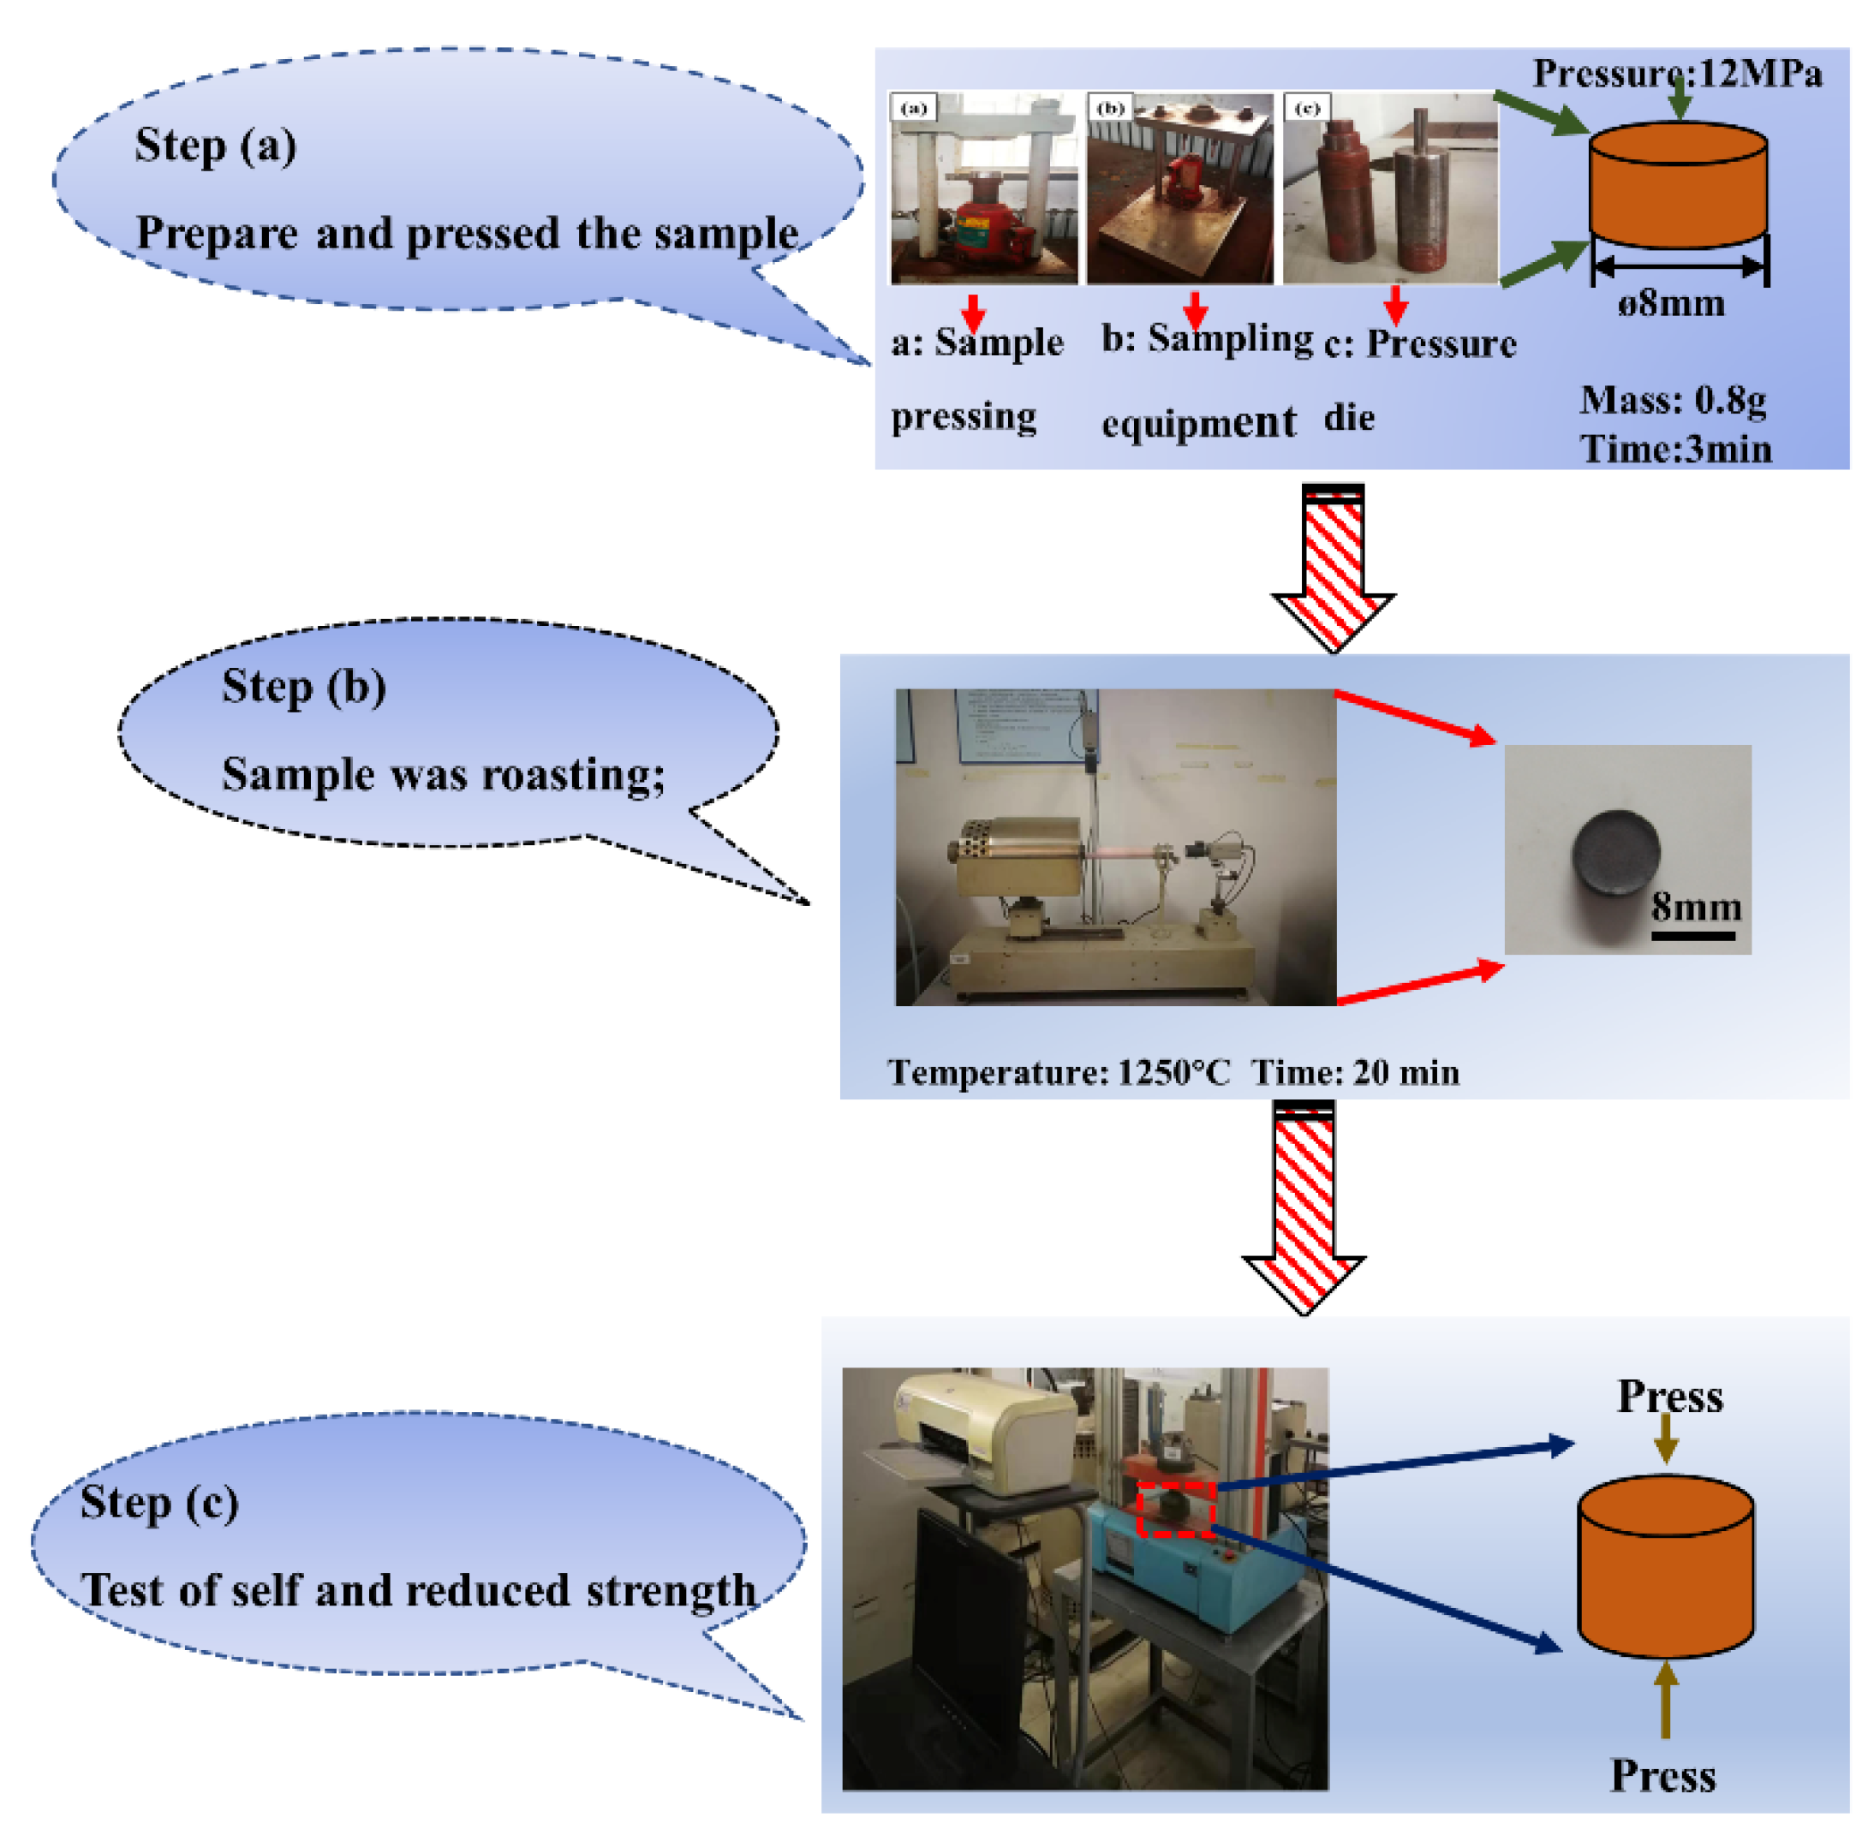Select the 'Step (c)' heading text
pyautogui.click(x=158, y=1503)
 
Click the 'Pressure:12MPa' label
pyautogui.click(x=1677, y=74)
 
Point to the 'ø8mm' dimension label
pyautogui.click(x=1672, y=304)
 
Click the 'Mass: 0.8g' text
pyautogui.click(x=1673, y=399)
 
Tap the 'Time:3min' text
pyautogui.click(x=1676, y=450)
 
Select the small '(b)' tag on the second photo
pyautogui.click(x=1111, y=107)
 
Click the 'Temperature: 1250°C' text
pyautogui.click(x=1059, y=1072)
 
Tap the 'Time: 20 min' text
pyautogui.click(x=1355, y=1072)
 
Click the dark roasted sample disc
pyautogui.click(x=1616, y=852)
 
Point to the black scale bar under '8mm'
pyautogui.click(x=1692, y=936)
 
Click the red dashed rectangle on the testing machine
pyautogui.click(x=1176, y=1510)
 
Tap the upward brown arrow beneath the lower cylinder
pyautogui.click(x=1664, y=1699)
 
